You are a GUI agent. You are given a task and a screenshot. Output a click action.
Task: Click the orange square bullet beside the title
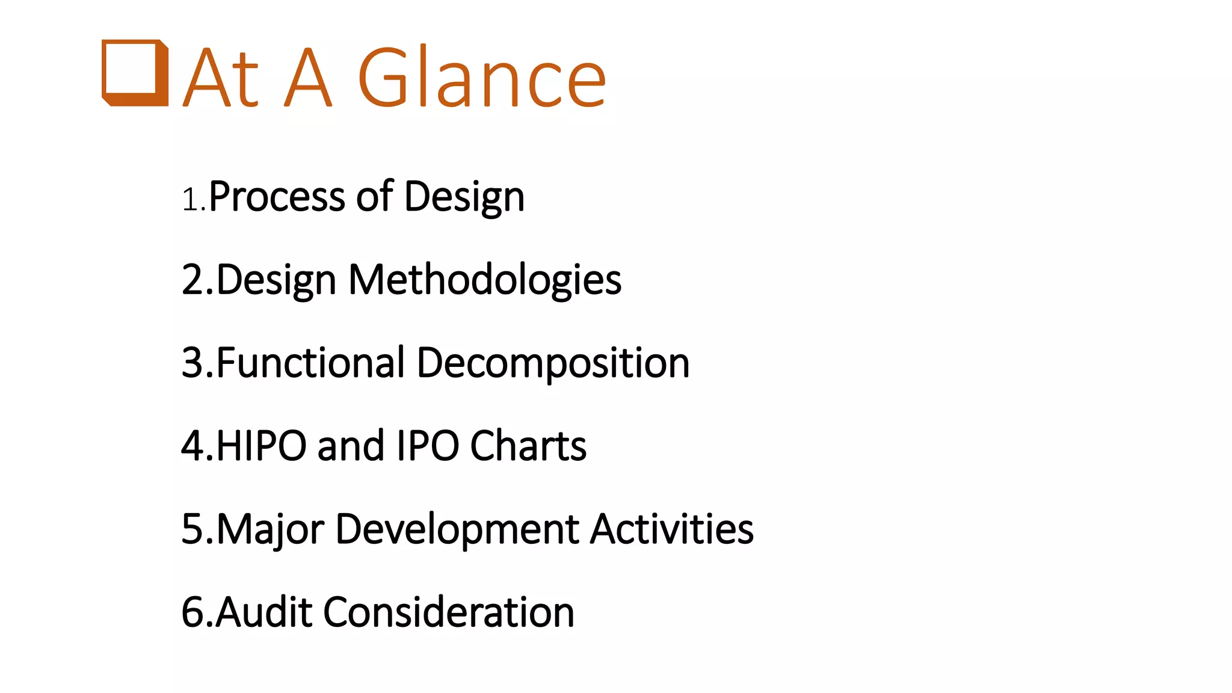click(x=135, y=73)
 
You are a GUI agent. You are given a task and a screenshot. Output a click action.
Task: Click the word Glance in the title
click(x=481, y=78)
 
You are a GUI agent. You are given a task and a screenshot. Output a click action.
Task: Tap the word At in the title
click(x=221, y=78)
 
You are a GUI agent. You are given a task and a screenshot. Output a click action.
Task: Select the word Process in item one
click(x=277, y=197)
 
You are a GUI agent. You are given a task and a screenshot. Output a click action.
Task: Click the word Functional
click(x=310, y=363)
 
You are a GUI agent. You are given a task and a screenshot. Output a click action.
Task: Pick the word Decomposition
click(x=553, y=364)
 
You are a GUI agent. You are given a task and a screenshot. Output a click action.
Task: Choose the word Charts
click(x=528, y=446)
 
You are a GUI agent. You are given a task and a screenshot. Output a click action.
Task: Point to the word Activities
click(x=672, y=529)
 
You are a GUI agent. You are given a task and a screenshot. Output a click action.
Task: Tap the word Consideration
click(x=449, y=612)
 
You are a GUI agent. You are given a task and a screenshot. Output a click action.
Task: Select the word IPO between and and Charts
click(x=428, y=446)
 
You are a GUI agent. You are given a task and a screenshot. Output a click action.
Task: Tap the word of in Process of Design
click(x=374, y=197)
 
